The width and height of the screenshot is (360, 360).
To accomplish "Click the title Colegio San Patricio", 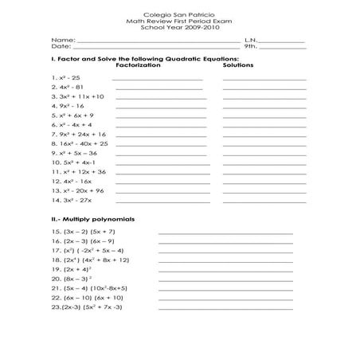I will pos(179,14).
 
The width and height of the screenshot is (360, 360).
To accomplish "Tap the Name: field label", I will pos(63,39).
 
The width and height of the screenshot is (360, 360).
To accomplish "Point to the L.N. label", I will pos(252,39).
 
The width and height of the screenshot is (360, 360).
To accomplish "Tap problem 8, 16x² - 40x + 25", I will pos(79,143).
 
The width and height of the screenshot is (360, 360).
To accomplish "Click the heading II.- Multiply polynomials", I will pos(92,218).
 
